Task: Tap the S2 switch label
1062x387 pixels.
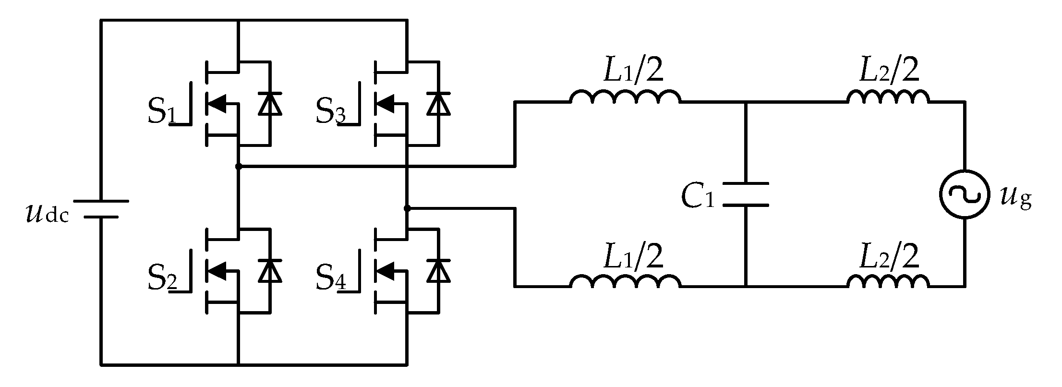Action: [x=162, y=278]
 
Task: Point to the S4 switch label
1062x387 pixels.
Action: [x=330, y=278]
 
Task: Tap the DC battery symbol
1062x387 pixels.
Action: [x=101, y=209]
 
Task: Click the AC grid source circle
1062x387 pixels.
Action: [x=965, y=195]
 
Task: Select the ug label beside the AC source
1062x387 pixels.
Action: [x=1016, y=198]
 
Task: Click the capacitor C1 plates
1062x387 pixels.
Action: [x=746, y=194]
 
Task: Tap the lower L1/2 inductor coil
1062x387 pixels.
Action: [x=625, y=282]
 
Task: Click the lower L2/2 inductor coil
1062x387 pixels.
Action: [x=888, y=282]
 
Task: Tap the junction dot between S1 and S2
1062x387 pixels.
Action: [x=239, y=167]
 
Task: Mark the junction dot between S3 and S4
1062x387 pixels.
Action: [x=407, y=208]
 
